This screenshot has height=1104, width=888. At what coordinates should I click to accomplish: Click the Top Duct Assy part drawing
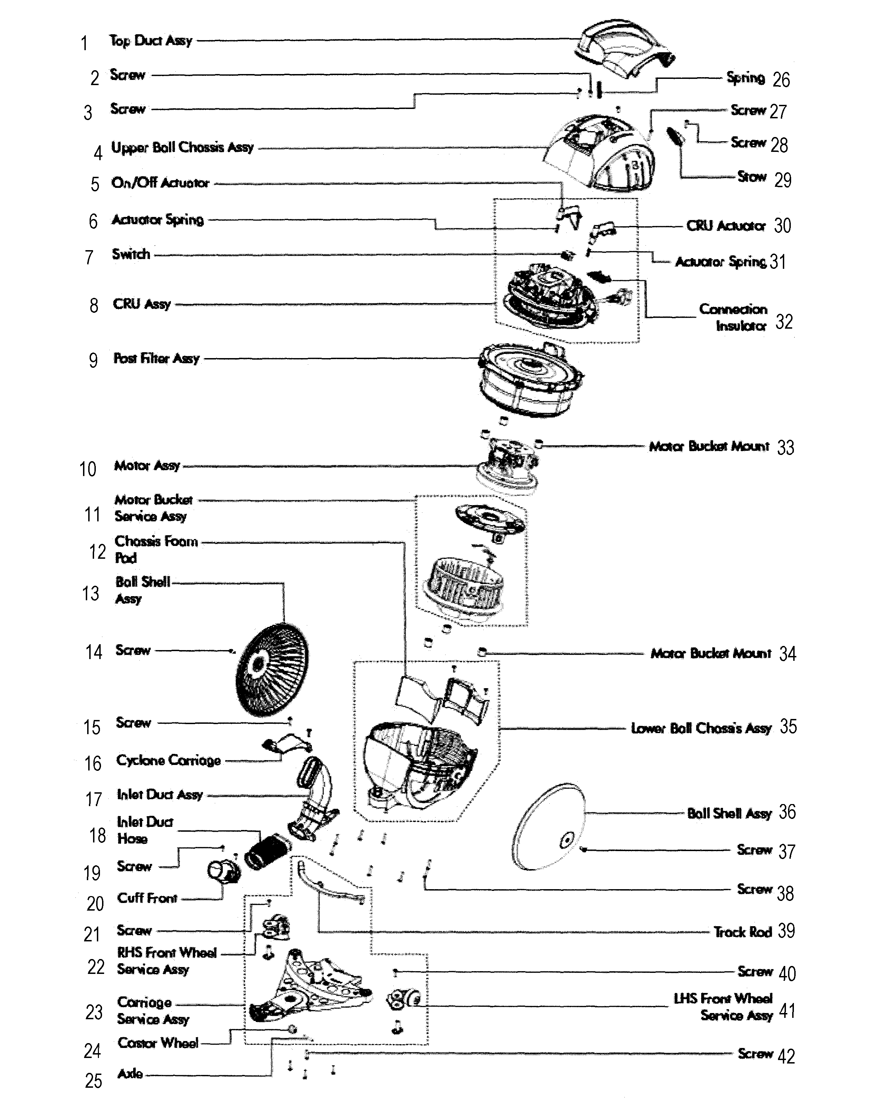[625, 51]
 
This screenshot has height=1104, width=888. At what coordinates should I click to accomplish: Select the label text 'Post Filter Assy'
[156, 358]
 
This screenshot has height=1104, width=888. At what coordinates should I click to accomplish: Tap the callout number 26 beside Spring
[781, 80]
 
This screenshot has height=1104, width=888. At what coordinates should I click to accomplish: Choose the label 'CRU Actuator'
[726, 226]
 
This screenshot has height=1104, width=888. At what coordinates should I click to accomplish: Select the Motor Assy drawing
[507, 463]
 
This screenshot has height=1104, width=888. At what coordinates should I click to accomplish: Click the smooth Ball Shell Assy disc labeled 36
[548, 827]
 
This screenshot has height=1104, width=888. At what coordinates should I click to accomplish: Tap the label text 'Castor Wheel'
[158, 1043]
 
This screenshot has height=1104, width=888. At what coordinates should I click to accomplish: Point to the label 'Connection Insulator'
[733, 317]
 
